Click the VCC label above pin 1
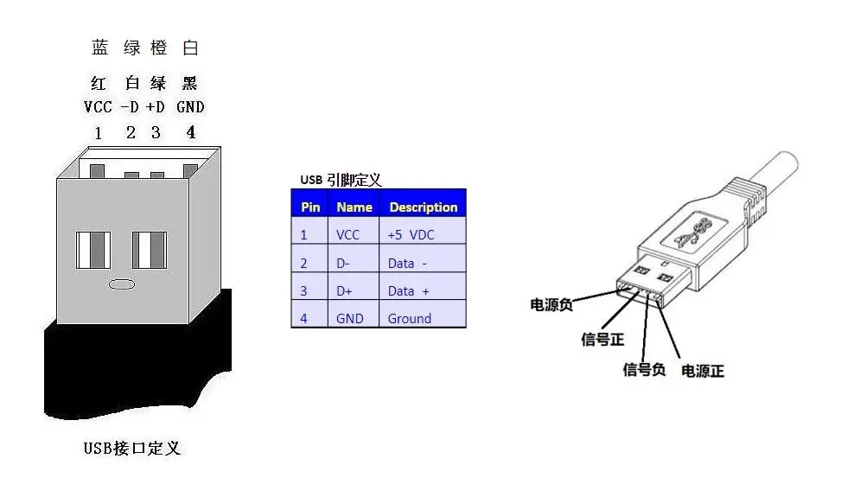point(98,107)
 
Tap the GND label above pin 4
point(190,107)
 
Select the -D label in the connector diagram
point(130,107)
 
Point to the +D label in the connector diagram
point(156,107)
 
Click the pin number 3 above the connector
point(156,132)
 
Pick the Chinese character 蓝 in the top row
point(100,48)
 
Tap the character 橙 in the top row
point(159,48)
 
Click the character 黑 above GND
point(190,83)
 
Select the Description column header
point(424,207)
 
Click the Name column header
point(354,207)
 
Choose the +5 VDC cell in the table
point(411,235)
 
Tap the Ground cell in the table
point(410,319)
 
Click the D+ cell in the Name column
point(344,291)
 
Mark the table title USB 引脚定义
point(341,180)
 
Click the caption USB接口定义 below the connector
point(132,449)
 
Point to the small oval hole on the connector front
point(122,284)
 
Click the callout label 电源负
point(552,305)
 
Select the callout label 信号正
point(603,340)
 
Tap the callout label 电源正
point(703,371)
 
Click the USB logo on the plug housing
point(693,232)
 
